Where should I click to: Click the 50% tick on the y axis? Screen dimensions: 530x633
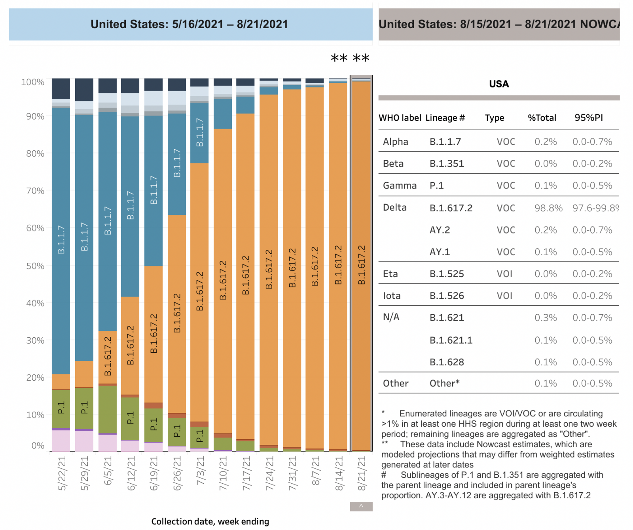pyautogui.click(x=35, y=266)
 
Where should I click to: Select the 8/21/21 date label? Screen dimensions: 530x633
pyautogui.click(x=362, y=473)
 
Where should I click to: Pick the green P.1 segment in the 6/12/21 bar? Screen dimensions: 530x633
pyautogui.click(x=130, y=418)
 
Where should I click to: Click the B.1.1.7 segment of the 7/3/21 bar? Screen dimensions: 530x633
pyautogui.click(x=200, y=133)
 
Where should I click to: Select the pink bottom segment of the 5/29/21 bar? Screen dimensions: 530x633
pyautogui.click(x=84, y=441)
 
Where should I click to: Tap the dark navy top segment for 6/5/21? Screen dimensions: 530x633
pyautogui.click(x=108, y=85)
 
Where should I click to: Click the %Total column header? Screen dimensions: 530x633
pyautogui.click(x=542, y=118)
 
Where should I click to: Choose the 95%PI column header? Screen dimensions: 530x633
pyautogui.click(x=588, y=118)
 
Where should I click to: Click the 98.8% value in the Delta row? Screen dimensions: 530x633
pyautogui.click(x=548, y=208)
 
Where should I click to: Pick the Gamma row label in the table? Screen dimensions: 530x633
pyautogui.click(x=400, y=186)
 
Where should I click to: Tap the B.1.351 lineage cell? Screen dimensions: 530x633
pyautogui.click(x=447, y=164)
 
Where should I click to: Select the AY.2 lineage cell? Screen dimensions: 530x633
pyautogui.click(x=440, y=230)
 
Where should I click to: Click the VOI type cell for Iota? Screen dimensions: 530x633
pyautogui.click(x=504, y=296)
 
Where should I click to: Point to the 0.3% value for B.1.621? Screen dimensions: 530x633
pyautogui.click(x=545, y=318)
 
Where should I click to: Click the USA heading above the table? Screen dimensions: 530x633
pyautogui.click(x=499, y=84)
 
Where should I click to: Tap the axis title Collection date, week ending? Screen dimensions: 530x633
pyautogui.click(x=210, y=521)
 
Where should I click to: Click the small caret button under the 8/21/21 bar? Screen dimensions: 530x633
pyautogui.click(x=361, y=506)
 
